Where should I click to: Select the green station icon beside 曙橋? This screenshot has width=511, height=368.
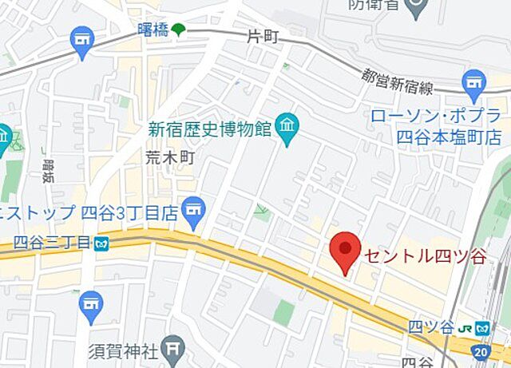pyautogui.click(x=178, y=30)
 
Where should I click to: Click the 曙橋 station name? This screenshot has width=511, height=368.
pyautogui.click(x=152, y=30)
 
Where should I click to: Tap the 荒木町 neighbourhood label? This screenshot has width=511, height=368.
pyautogui.click(x=170, y=158)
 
